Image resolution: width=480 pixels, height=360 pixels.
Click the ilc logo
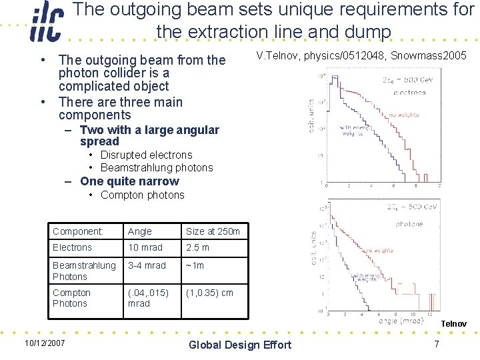pos(46,25)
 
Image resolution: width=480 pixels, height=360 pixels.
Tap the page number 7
pos(436,344)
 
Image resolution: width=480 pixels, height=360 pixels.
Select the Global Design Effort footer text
pos(240,345)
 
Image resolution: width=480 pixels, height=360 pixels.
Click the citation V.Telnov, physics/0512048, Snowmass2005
pos(361,55)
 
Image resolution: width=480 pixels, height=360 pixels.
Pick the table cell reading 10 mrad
pos(145,247)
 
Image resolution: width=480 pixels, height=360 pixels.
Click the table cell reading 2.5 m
pos(197,247)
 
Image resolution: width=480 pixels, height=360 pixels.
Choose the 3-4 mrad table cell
pos(147,265)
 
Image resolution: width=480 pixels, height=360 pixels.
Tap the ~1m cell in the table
pos(195,265)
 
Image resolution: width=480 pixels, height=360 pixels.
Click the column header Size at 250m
pos(212,231)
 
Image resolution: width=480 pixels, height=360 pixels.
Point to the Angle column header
pos(140,231)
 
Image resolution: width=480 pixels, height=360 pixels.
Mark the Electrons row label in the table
pos(72,247)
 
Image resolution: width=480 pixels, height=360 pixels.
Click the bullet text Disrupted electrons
pos(146,155)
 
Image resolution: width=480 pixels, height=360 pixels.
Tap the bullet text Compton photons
pos(142,195)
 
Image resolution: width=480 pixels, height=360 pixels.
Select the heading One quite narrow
pos(129,181)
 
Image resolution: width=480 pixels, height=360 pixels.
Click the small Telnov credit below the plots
pos(453,324)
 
